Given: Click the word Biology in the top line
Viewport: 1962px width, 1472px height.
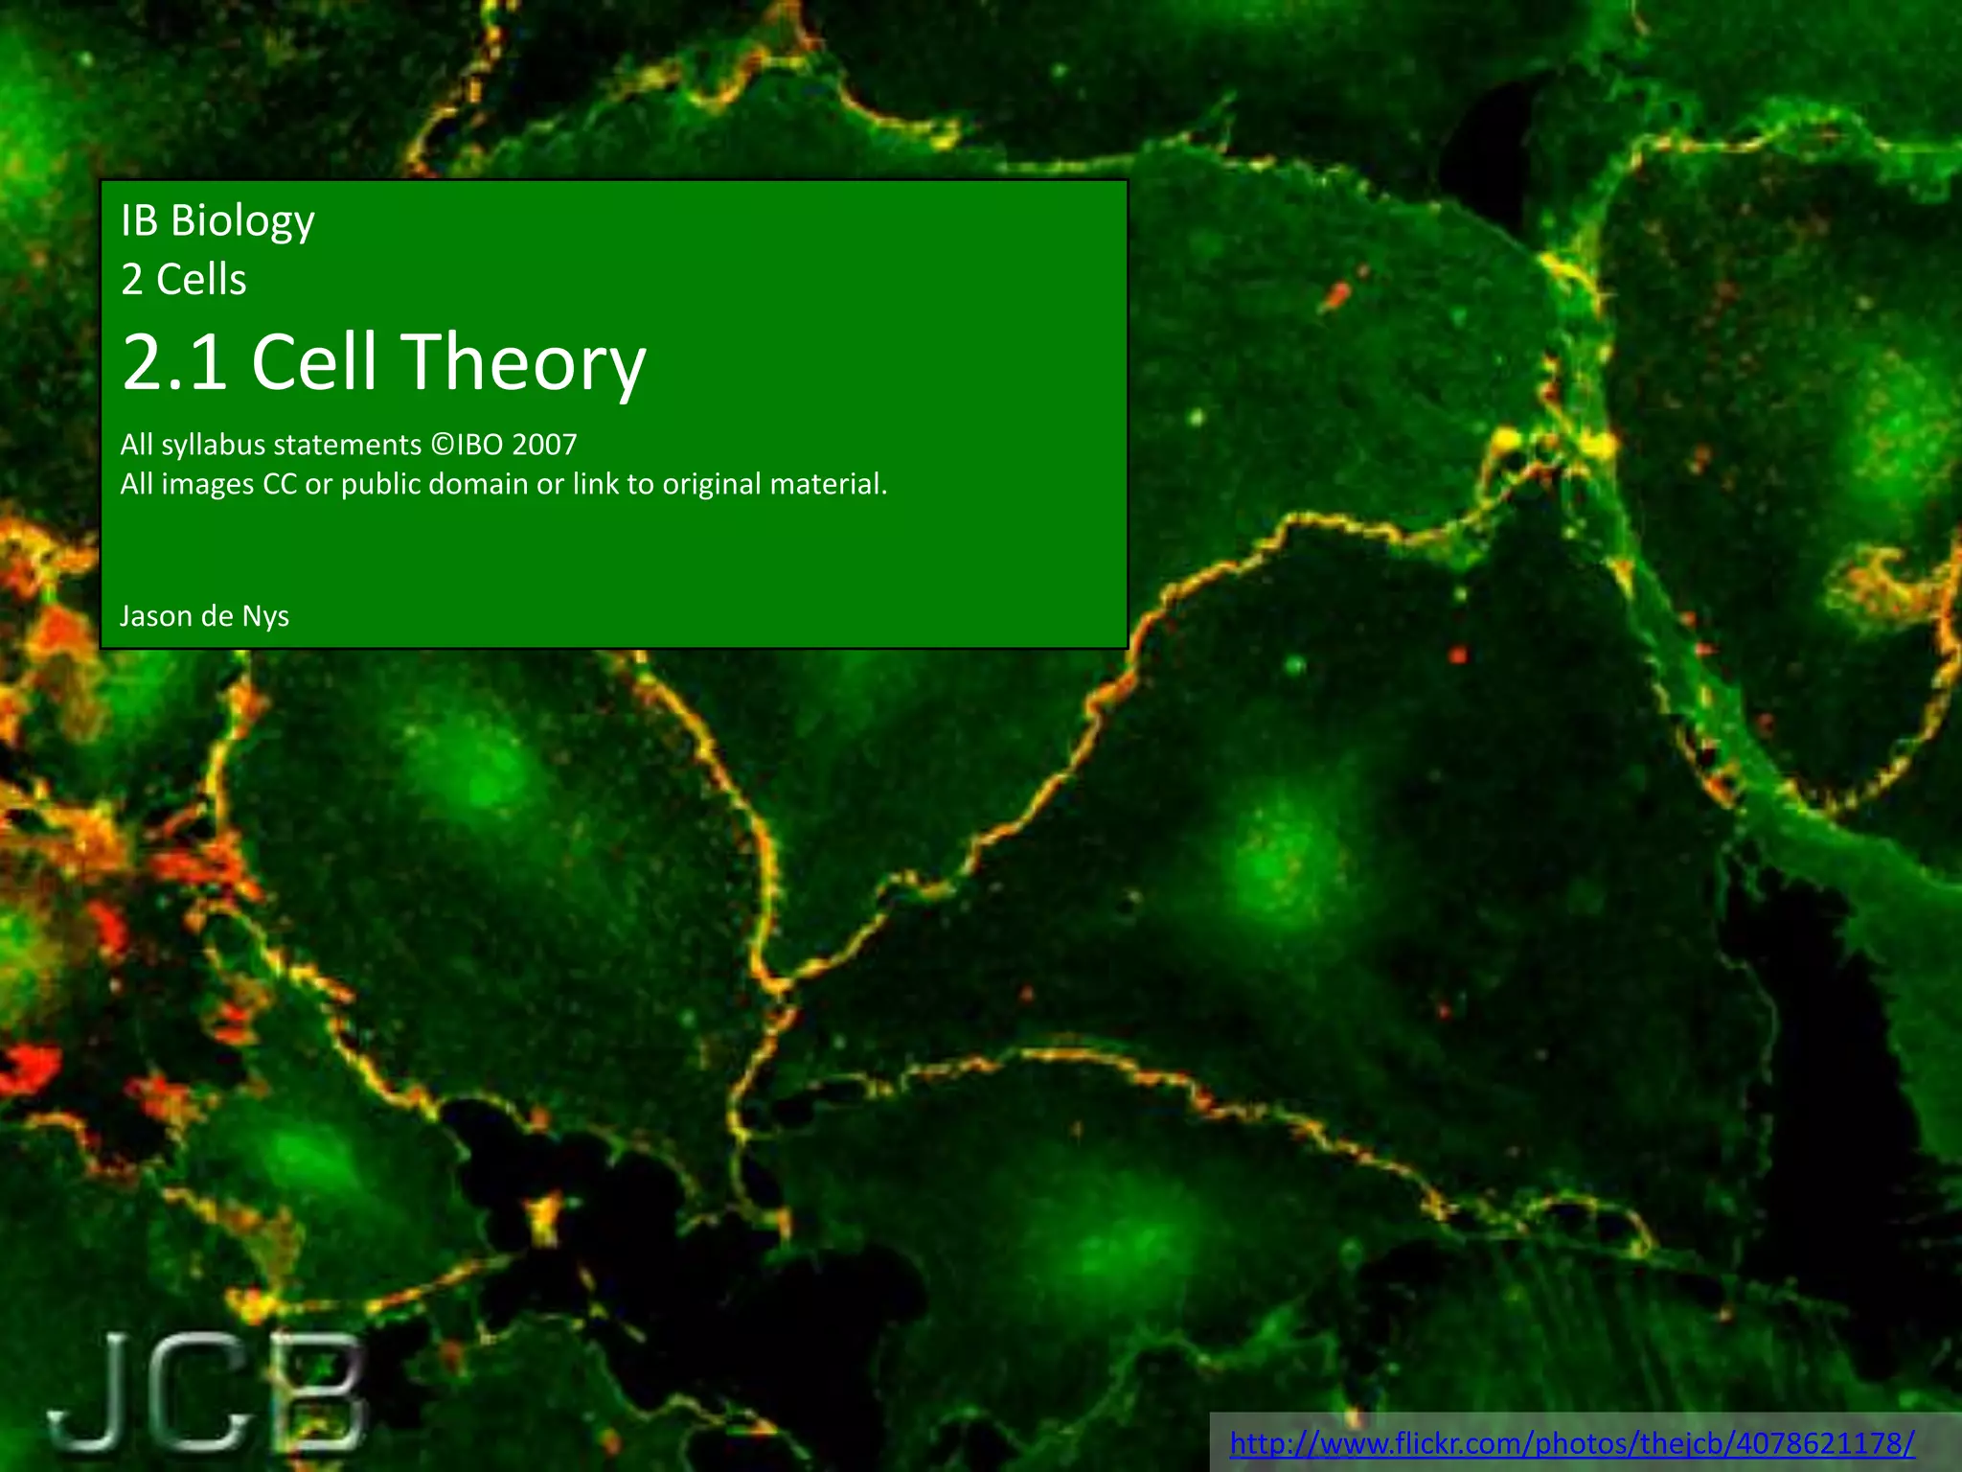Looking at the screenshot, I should [242, 222].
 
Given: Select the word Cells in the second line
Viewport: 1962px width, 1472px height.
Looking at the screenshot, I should [201, 280].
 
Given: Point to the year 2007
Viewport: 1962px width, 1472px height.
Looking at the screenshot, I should [544, 445].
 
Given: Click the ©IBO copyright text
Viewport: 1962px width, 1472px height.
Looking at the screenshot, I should [468, 445].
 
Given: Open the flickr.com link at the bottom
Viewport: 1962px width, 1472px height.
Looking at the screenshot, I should [1572, 1442].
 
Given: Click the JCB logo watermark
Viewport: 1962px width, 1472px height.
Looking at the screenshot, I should [207, 1390].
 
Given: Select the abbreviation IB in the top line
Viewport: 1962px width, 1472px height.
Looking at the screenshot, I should [139, 220].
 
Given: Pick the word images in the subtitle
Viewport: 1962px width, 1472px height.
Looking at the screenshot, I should [207, 485].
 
